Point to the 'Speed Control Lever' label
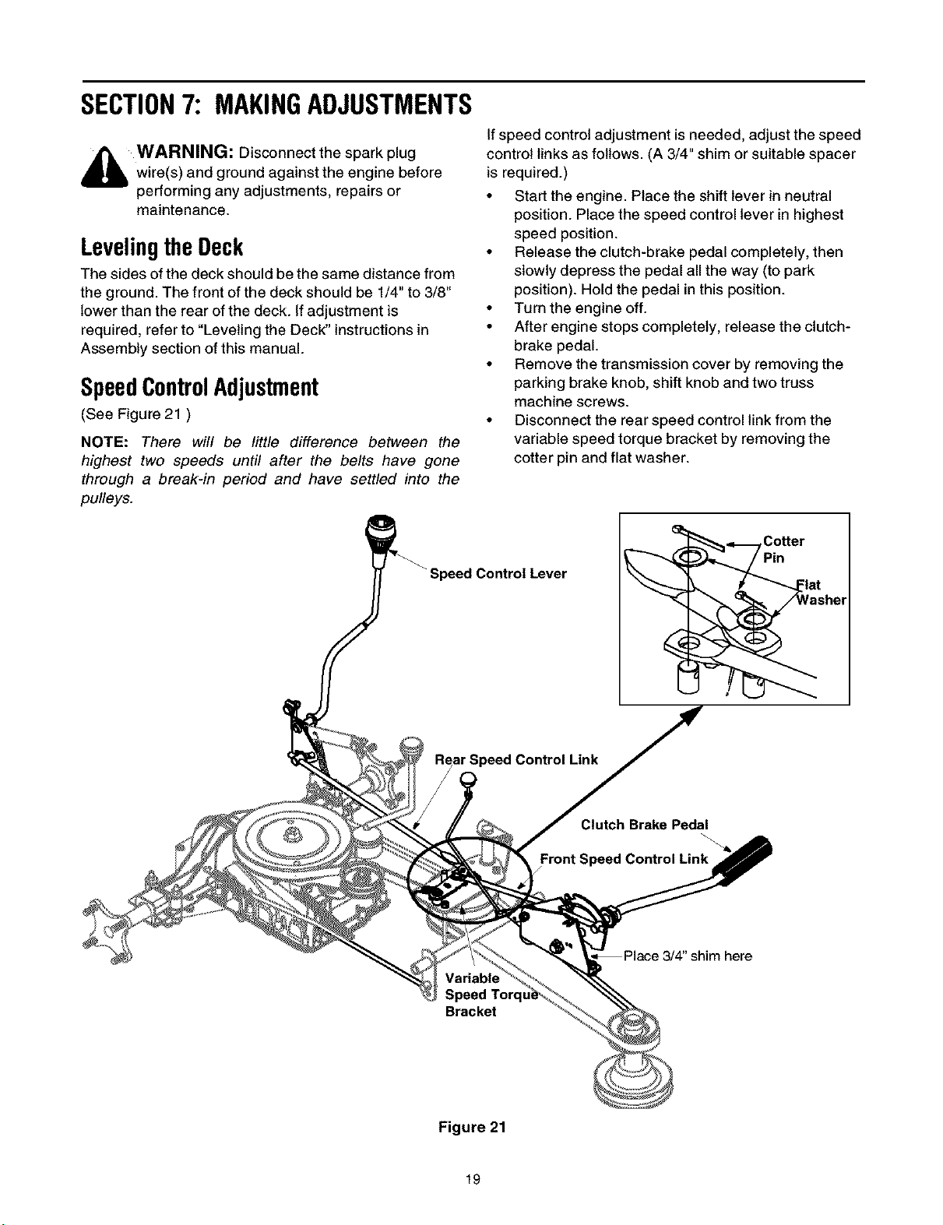(498, 574)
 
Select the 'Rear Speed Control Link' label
(516, 760)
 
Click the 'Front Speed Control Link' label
(624, 859)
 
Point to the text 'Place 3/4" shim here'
(688, 956)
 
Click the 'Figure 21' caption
(471, 1127)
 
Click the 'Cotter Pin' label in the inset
(783, 550)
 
